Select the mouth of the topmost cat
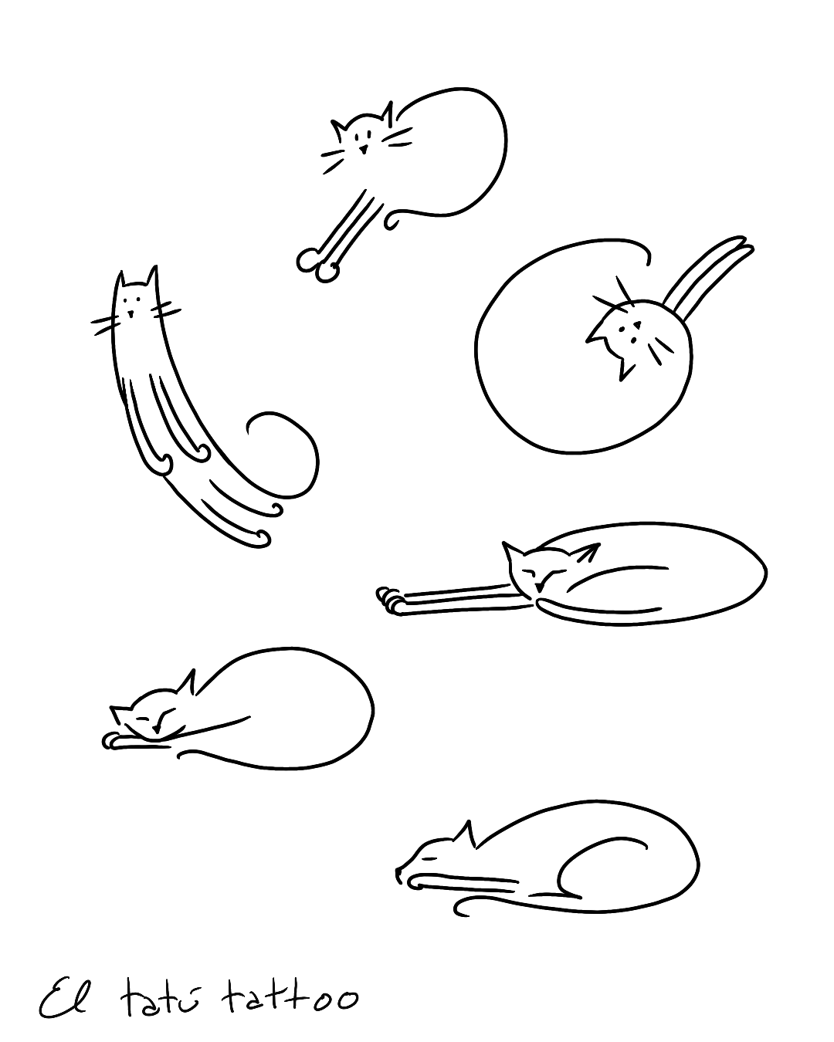pos(362,150)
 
